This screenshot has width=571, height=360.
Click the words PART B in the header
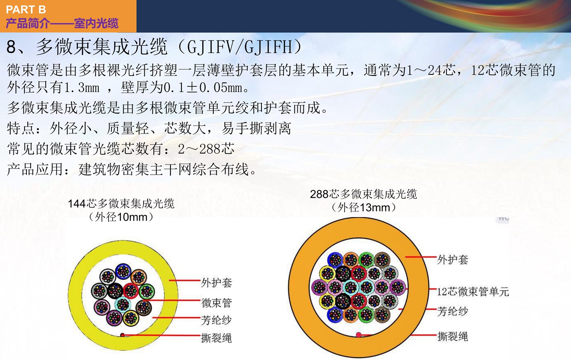pyautogui.click(x=26, y=10)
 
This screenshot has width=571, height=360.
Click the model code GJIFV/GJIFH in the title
pyautogui.click(x=240, y=47)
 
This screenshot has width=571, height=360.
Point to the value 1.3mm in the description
pyautogui.click(x=82, y=88)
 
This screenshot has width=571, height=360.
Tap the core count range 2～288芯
pyautogui.click(x=206, y=149)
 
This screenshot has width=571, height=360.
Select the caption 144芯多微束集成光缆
pyautogui.click(x=121, y=204)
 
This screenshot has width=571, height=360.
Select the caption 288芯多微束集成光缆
pyautogui.click(x=363, y=194)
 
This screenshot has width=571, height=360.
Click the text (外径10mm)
pyautogui.click(x=121, y=217)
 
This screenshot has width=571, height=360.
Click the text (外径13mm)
pyautogui.click(x=364, y=208)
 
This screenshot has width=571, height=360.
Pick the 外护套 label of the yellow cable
pyautogui.click(x=217, y=283)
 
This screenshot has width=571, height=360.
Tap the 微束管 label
pyautogui.click(x=217, y=303)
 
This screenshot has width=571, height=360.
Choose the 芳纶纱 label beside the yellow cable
pyautogui.click(x=216, y=320)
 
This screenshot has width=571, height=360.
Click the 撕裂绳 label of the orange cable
pyautogui.click(x=453, y=336)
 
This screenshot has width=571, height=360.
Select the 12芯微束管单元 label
pyautogui.click(x=473, y=291)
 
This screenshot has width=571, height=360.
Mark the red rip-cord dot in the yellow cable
pyautogui.click(x=123, y=335)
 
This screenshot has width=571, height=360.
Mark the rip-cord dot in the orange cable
pyautogui.click(x=359, y=334)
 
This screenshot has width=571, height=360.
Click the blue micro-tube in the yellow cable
pyautogui.click(x=123, y=271)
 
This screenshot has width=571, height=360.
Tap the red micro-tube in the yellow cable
pyautogui.click(x=131, y=291)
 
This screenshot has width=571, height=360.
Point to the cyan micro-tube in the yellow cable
pyautogui.click(x=123, y=304)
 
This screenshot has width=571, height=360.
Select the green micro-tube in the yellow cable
pyautogui.click(x=146, y=291)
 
